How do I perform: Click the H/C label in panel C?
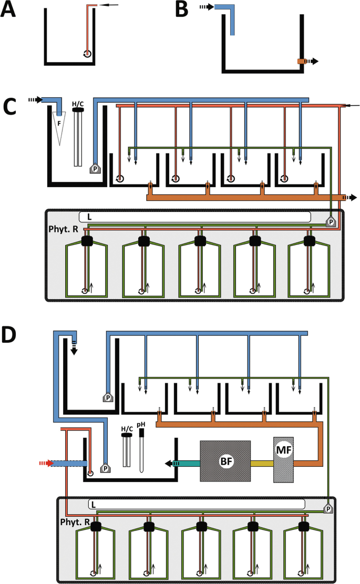pos(78,104)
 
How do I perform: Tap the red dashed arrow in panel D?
pos(46,463)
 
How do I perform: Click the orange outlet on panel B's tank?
pos(301,62)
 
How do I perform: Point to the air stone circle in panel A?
pos(87,54)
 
